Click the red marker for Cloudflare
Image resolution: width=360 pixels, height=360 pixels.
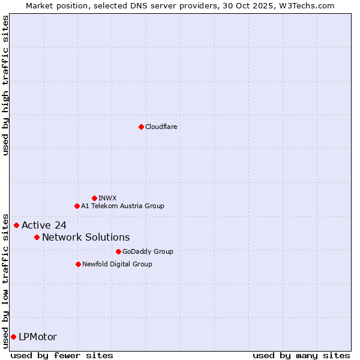click(x=141, y=127)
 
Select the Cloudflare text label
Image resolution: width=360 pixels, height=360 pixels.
click(x=161, y=127)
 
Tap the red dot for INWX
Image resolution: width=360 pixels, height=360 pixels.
click(x=94, y=198)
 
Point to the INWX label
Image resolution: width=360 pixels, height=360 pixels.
click(x=107, y=198)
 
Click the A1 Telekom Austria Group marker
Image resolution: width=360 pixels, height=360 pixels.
click(x=77, y=206)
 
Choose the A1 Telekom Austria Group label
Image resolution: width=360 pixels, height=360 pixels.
click(x=122, y=206)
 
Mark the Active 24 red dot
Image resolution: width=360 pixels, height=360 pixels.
click(x=16, y=225)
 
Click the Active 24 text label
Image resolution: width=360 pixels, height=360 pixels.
click(x=44, y=225)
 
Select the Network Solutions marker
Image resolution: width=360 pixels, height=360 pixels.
click(x=37, y=237)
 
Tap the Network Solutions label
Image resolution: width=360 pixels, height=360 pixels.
click(x=86, y=237)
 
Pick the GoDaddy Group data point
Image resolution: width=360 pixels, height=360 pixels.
click(x=118, y=251)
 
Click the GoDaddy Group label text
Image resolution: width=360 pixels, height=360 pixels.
click(x=148, y=251)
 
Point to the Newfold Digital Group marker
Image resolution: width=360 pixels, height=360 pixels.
click(x=78, y=264)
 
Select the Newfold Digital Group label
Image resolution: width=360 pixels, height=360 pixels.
click(x=117, y=264)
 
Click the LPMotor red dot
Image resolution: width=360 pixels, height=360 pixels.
click(x=13, y=337)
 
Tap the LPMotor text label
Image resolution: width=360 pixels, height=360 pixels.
click(x=38, y=337)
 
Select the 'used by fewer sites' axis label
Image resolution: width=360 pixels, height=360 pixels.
click(x=62, y=355)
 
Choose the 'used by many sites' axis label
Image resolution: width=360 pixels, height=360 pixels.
click(x=301, y=355)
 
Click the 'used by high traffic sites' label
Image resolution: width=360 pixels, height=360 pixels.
click(x=5, y=85)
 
